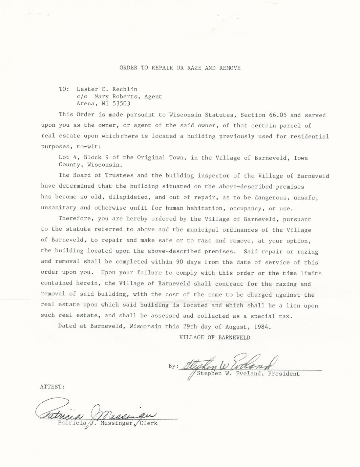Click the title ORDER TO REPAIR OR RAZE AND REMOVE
pos(180,68)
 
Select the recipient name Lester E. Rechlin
pos(107,89)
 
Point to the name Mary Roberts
pos(115,97)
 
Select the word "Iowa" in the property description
pos(301,158)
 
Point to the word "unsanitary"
pos(59,208)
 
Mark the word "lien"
pos(293,305)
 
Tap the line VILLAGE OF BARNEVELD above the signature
pos(215,338)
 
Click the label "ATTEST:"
pos(52,387)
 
